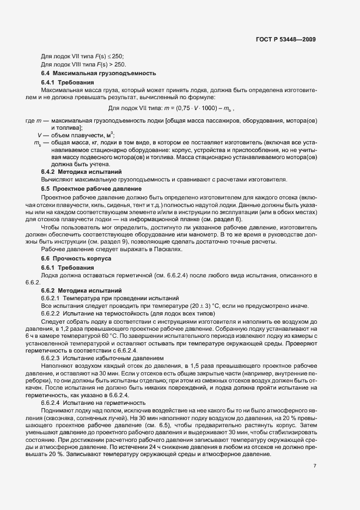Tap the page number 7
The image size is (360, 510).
coord(315,466)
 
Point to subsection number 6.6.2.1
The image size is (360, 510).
coord(51,299)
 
